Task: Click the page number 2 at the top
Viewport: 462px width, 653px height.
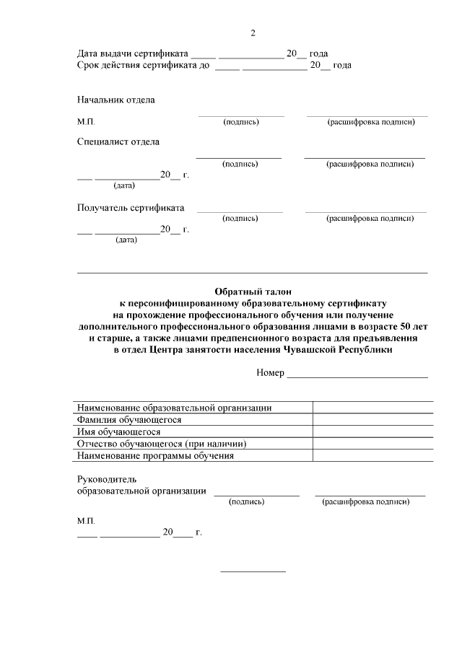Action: tap(253, 33)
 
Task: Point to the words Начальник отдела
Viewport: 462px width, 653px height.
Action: tap(115, 100)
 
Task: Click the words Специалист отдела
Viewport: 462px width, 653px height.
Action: tap(118, 142)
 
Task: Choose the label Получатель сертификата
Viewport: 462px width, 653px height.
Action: tap(131, 208)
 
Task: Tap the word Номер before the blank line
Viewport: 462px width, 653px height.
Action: tap(270, 373)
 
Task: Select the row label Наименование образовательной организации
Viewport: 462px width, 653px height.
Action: tap(174, 408)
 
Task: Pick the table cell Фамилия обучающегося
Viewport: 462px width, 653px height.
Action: tap(129, 419)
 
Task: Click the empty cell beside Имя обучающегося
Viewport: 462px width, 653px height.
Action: tap(372, 431)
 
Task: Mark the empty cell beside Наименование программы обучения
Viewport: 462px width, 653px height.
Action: tap(372, 456)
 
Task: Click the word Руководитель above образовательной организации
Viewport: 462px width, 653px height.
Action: tap(106, 479)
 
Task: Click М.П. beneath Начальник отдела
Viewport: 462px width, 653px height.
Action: tap(86, 122)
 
